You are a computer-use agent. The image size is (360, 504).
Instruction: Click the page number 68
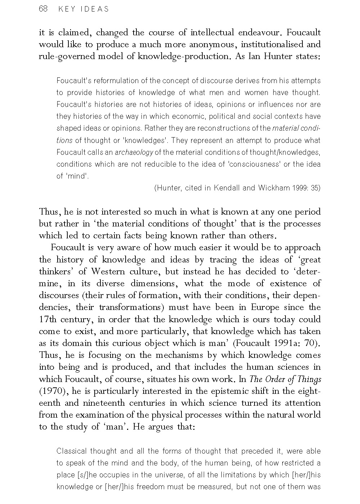pos(43,9)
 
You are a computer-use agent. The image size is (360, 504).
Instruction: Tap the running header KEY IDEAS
pos(84,9)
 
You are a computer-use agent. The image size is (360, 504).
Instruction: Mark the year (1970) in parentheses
pos(50,391)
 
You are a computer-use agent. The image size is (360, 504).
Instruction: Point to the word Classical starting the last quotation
pos(71,451)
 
